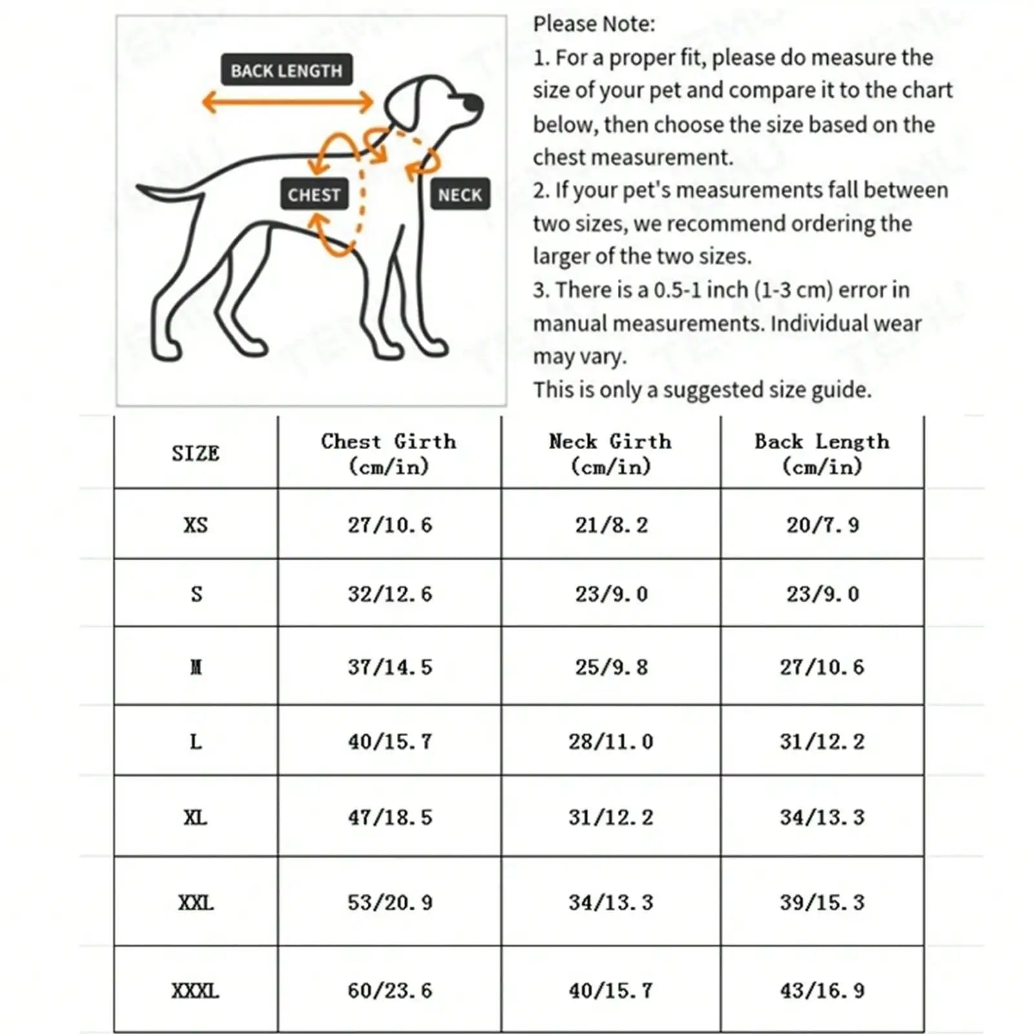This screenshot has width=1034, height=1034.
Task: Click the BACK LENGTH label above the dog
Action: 286,70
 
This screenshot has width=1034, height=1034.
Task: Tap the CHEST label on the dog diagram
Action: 314,194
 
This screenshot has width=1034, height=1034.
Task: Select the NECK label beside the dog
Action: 459,194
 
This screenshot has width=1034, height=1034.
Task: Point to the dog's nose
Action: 474,103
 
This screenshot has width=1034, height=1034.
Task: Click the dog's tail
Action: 162,193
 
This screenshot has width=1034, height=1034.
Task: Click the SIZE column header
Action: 195,453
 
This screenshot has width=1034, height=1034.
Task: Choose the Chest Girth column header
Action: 389,453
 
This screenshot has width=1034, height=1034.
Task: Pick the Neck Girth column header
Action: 611,453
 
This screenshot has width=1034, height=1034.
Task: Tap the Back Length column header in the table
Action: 822,453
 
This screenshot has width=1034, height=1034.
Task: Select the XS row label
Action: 195,524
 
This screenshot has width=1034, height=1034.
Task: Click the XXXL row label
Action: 195,990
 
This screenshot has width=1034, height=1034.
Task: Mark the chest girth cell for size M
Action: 390,666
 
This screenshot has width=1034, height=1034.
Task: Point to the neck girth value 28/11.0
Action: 611,741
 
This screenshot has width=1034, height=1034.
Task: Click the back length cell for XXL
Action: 822,902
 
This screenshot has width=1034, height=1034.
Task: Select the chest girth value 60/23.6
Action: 390,990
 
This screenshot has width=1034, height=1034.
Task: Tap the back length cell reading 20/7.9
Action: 822,524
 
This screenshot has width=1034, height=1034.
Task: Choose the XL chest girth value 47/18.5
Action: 390,817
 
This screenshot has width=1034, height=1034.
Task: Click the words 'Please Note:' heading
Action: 594,24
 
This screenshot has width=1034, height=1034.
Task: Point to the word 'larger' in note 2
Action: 561,257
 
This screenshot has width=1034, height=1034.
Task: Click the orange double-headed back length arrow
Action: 288,101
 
